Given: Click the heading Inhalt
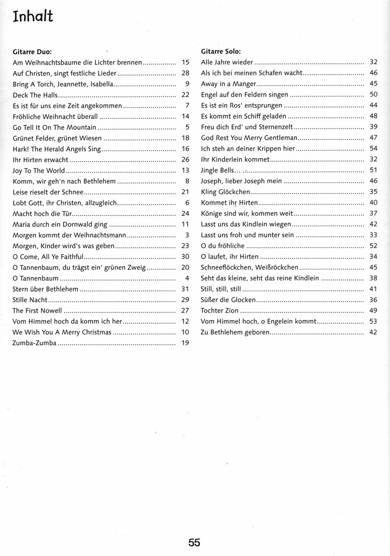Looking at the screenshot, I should click(x=33, y=16).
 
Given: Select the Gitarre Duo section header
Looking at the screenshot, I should click(x=32, y=52).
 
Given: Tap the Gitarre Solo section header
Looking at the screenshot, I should click(x=221, y=52).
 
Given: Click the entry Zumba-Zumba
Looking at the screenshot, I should click(x=34, y=343).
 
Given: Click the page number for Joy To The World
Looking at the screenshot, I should click(x=185, y=170).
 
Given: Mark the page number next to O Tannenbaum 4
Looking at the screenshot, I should click(x=187, y=278).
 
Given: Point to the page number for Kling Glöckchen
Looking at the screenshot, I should click(x=374, y=192).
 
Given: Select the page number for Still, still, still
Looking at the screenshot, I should click(x=374, y=289).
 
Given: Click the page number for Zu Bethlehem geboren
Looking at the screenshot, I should click(x=374, y=332).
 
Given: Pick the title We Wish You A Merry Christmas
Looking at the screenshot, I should click(x=61, y=332).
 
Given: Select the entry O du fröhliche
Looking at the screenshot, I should click(x=223, y=246).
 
